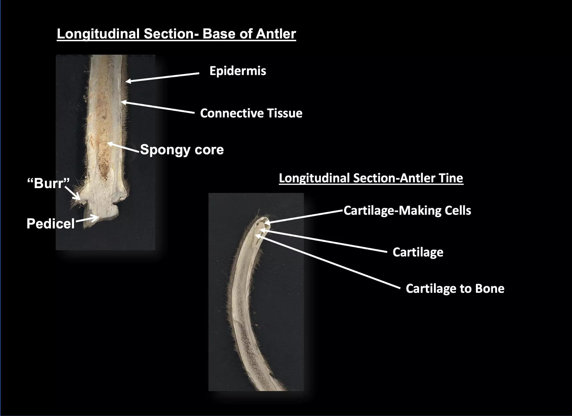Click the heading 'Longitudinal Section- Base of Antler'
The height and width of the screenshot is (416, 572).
(176, 34)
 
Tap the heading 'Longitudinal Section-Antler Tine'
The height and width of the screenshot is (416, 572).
(371, 178)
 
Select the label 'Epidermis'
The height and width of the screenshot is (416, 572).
(238, 71)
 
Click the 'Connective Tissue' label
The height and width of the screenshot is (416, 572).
(251, 113)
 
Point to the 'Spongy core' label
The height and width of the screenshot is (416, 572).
(182, 149)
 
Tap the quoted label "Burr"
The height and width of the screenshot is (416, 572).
(48, 183)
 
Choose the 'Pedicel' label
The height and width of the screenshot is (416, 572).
(51, 223)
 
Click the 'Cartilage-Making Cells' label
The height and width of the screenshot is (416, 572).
(407, 210)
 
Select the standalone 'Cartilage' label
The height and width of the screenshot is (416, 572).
(418, 252)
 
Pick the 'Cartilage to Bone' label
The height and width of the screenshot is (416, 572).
(455, 289)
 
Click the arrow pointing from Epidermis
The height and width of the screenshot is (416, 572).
(162, 78)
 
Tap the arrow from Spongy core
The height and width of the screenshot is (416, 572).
(123, 147)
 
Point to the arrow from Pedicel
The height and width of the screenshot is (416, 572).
(87, 220)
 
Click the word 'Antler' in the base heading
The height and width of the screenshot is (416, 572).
(276, 34)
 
